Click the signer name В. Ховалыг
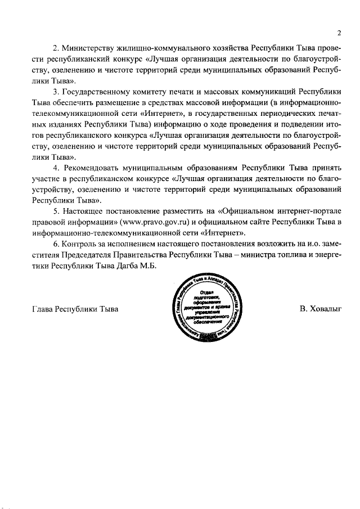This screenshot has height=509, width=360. click(x=321, y=309)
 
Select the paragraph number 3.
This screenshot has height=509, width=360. click(x=56, y=92)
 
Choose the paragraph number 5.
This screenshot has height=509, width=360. click(x=56, y=211)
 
